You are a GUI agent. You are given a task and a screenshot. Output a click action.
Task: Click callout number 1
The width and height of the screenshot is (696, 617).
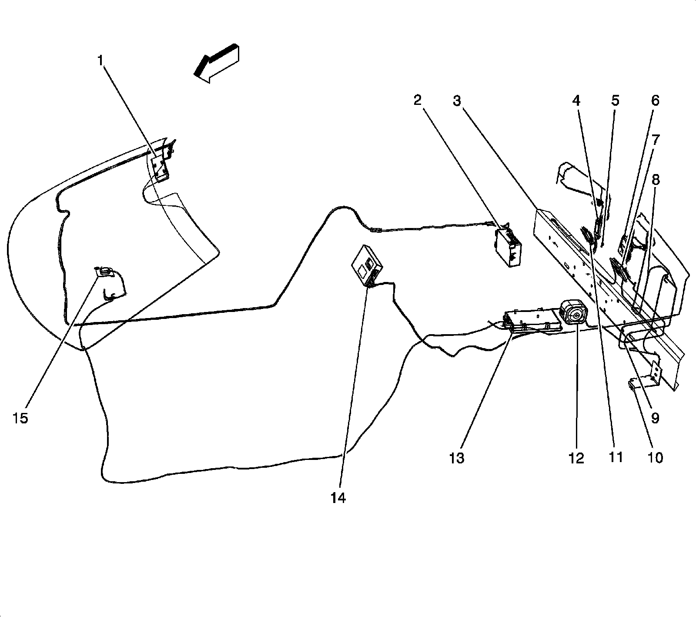pos(100,60)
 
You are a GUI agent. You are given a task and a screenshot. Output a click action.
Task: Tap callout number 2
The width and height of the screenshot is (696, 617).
pos(418,101)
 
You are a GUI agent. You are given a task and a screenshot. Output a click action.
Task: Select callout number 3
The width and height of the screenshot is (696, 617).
pos(456,101)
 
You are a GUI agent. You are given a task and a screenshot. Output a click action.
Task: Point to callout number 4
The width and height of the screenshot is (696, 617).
pos(576,101)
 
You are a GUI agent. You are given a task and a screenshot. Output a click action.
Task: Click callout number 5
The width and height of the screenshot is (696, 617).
pos(615,101)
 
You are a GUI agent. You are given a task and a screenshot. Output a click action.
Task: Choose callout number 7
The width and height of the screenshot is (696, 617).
pos(655,140)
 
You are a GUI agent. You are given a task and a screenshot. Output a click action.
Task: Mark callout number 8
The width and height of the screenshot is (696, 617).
pos(655,179)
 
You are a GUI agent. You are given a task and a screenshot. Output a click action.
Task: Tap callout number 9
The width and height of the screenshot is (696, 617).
pos(655,418)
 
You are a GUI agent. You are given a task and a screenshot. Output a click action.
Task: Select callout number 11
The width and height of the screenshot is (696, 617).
pos(616,457)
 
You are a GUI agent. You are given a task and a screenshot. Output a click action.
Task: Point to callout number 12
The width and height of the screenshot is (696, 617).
pos(576,458)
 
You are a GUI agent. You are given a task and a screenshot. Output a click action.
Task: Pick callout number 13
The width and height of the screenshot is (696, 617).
pos(457,458)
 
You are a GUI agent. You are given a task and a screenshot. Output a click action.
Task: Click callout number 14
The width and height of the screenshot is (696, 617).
pos(338,498)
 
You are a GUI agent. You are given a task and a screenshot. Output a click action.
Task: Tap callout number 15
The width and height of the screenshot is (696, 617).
pos(20,418)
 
